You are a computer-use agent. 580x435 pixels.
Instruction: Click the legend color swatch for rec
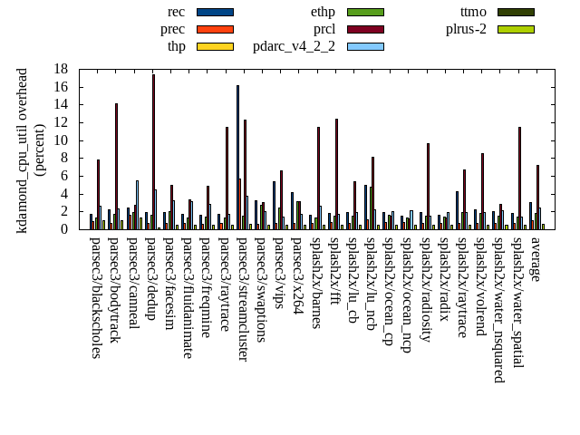(215, 12)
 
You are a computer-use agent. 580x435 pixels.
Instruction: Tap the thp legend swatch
(215, 46)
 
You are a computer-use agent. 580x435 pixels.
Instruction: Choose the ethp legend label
(323, 12)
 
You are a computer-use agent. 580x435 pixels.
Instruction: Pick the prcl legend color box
(365, 29)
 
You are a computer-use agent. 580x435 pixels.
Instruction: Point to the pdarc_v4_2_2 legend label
(294, 46)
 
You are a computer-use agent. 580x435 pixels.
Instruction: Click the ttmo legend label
(473, 12)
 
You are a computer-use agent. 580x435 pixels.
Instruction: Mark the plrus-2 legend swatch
(516, 29)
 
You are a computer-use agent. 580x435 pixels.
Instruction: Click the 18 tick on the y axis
(62, 69)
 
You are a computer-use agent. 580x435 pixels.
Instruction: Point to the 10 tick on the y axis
(62, 140)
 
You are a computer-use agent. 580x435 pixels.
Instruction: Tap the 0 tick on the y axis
(65, 229)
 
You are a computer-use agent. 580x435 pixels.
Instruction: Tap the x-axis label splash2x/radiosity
(426, 290)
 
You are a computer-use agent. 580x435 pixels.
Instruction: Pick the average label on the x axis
(536, 259)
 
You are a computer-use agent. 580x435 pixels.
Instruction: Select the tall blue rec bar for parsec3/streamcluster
(237, 157)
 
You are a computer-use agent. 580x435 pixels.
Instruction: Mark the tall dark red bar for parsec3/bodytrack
(116, 166)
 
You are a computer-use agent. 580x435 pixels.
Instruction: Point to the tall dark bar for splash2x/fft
(336, 174)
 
